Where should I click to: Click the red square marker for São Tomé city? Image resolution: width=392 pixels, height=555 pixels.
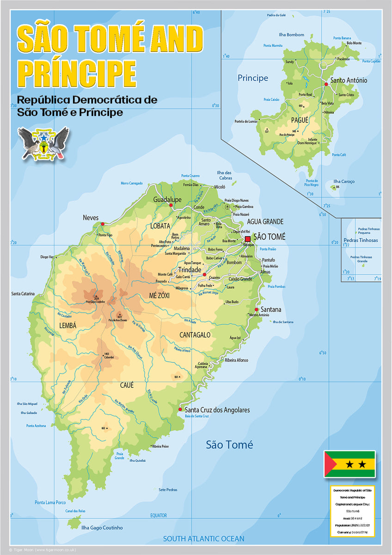[248, 239]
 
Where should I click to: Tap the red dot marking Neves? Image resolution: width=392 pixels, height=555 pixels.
[103, 224]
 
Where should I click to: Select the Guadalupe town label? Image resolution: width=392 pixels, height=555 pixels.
[167, 199]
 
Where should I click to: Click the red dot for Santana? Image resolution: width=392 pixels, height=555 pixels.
[257, 309]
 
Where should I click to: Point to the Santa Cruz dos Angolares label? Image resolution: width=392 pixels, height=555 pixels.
[217, 410]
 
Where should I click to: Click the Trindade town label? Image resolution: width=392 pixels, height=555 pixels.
[190, 270]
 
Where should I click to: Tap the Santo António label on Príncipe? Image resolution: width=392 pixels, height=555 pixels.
[349, 80]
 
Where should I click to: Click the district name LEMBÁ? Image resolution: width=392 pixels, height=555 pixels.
[67, 326]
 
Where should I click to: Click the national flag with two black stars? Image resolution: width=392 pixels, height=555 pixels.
[349, 463]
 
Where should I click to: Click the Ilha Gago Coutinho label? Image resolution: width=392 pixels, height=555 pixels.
[102, 527]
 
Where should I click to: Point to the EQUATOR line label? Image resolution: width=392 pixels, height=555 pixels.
[159, 515]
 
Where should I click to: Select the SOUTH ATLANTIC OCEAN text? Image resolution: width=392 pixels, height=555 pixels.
[203, 538]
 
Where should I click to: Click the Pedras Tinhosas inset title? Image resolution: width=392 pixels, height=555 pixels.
[361, 240]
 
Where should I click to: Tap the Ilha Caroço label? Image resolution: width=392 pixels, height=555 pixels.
[344, 182]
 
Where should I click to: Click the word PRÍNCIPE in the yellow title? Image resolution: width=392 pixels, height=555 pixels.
[77, 73]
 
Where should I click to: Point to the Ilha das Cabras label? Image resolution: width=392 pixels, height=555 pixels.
[225, 175]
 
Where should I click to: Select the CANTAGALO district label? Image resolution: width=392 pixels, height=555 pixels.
[195, 335]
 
